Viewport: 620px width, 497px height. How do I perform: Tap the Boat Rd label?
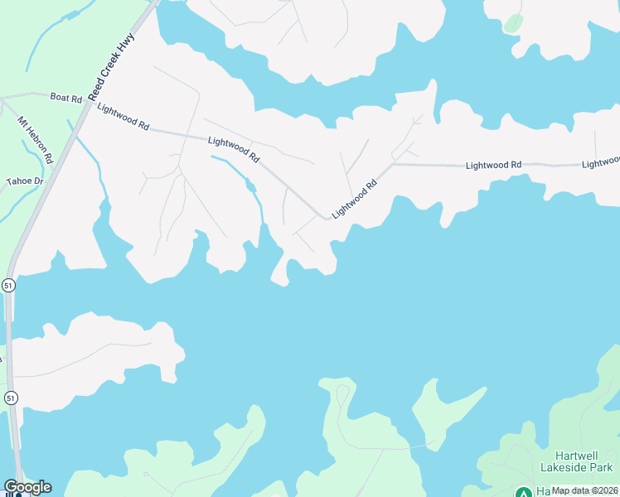tap(66, 98)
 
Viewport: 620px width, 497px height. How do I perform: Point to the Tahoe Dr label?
tap(24, 181)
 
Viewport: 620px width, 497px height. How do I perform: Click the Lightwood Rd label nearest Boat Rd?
tap(123, 116)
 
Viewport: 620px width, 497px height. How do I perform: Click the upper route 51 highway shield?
tap(8, 284)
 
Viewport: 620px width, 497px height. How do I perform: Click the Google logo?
tap(27, 487)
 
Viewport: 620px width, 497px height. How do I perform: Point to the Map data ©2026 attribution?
tap(584, 490)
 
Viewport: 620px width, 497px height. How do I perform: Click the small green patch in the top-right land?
tap(513, 23)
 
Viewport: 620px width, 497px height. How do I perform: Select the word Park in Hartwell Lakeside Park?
tap(601, 468)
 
